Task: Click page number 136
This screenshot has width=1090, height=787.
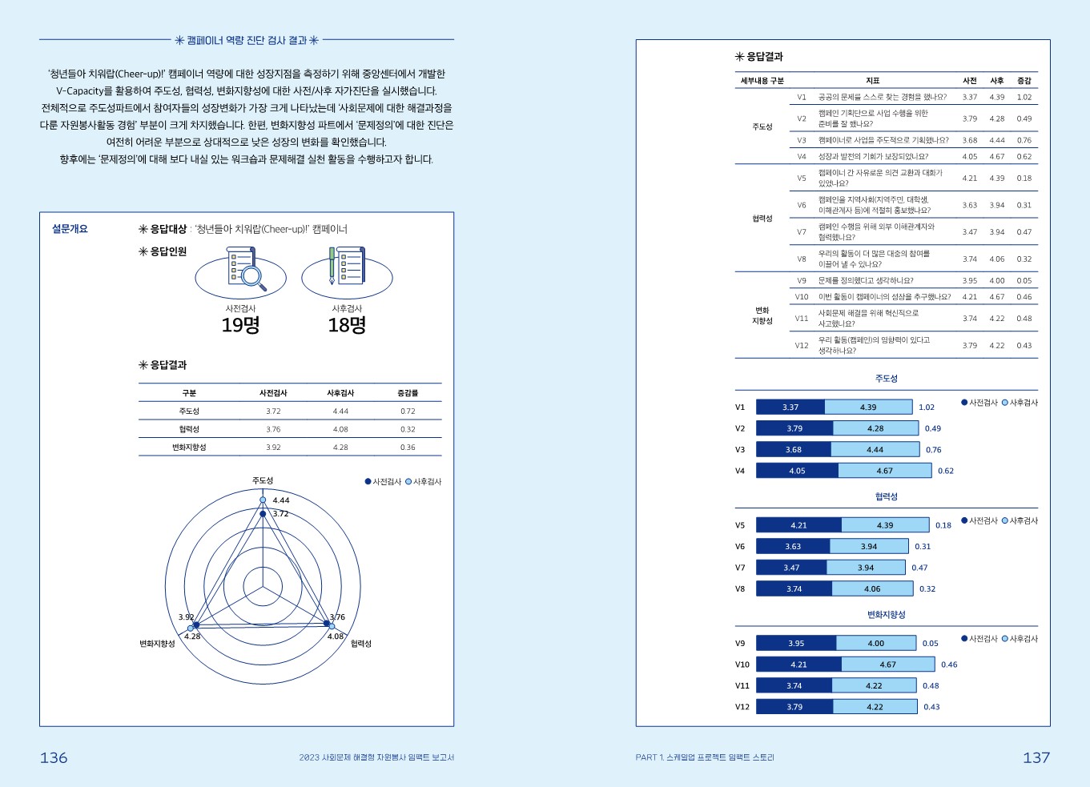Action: tap(54, 757)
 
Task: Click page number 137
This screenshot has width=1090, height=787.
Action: tap(1036, 757)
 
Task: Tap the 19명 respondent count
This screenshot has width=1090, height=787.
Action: tap(240, 325)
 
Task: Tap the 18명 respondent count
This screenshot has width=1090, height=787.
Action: tap(347, 325)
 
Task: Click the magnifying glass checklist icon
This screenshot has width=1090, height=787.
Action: tap(243, 269)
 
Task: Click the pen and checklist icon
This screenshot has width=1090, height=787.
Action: tap(346, 267)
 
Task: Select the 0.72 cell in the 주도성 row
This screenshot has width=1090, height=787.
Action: tap(408, 412)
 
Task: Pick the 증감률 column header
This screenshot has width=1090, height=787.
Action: tap(408, 393)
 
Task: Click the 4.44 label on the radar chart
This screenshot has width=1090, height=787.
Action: tap(280, 500)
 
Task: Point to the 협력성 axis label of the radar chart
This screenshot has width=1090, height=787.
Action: tap(361, 644)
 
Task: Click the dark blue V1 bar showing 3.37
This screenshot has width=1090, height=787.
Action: tap(790, 408)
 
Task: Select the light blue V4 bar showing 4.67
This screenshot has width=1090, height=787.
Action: tap(884, 471)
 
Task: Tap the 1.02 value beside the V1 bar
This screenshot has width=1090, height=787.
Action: tap(927, 408)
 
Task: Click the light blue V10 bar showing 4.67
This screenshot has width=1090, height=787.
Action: tap(887, 665)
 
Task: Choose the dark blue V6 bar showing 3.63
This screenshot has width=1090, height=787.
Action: tap(792, 547)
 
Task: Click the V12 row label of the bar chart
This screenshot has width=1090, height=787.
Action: tap(742, 707)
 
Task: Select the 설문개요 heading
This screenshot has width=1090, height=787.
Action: tap(70, 229)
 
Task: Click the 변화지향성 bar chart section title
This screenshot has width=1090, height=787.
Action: tap(886, 615)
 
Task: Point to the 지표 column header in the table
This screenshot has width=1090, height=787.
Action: tap(872, 81)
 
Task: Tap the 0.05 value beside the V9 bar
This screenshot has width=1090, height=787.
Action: tap(930, 644)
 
